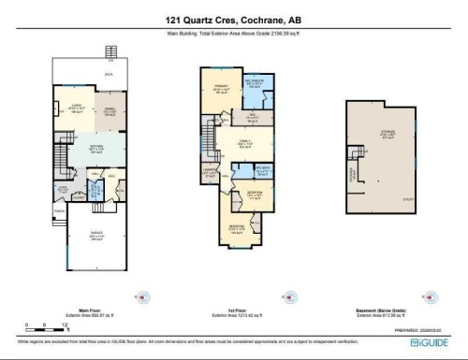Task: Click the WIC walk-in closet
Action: pyautogui.click(x=252, y=117)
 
